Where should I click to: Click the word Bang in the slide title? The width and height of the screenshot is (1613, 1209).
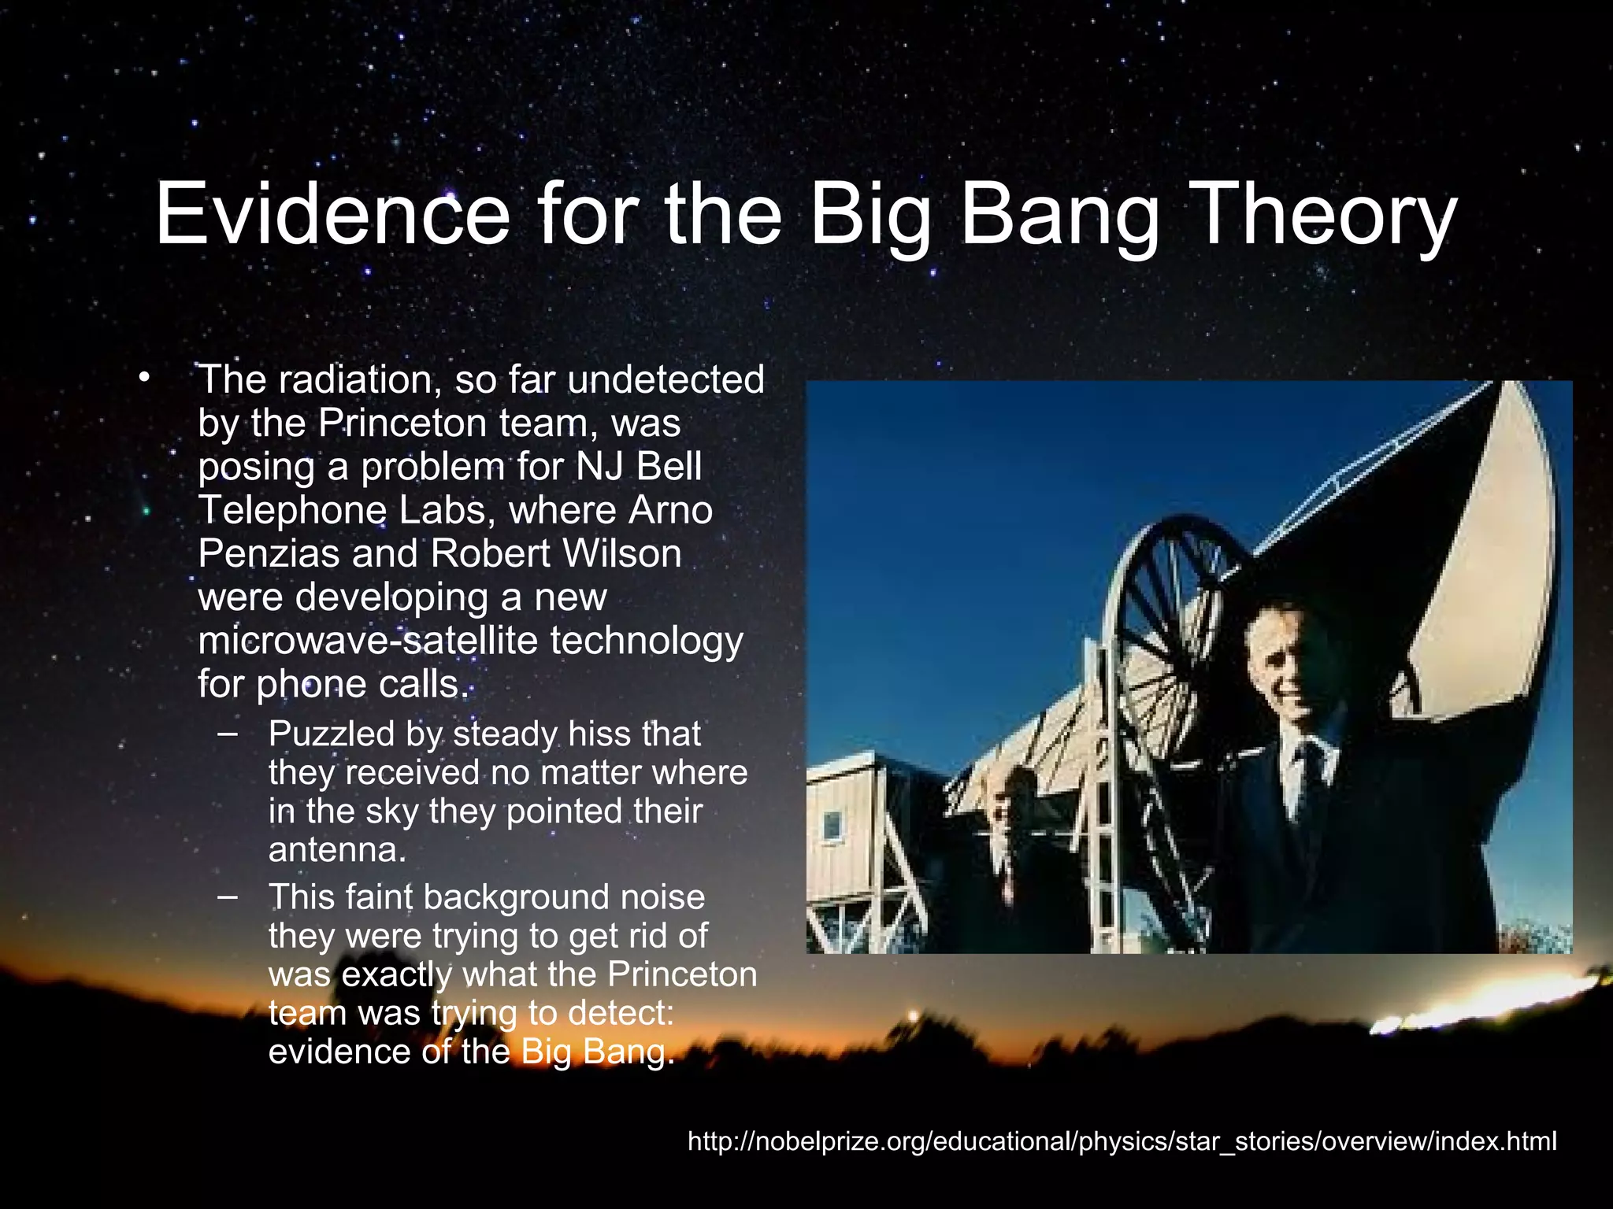click(1059, 215)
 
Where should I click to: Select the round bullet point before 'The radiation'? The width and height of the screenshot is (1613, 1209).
click(143, 379)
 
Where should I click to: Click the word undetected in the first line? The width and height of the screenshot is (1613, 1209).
click(666, 379)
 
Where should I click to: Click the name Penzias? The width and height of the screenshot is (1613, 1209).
click(268, 553)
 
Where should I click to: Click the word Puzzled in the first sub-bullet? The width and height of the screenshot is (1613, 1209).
click(330, 734)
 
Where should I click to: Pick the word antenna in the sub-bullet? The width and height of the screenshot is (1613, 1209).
click(337, 850)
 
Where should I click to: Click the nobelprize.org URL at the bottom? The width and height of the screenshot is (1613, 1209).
click(1122, 1141)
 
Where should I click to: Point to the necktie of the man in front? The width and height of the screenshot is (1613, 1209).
click(1310, 775)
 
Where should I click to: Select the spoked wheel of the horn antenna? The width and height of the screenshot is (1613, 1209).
click(1174, 622)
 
